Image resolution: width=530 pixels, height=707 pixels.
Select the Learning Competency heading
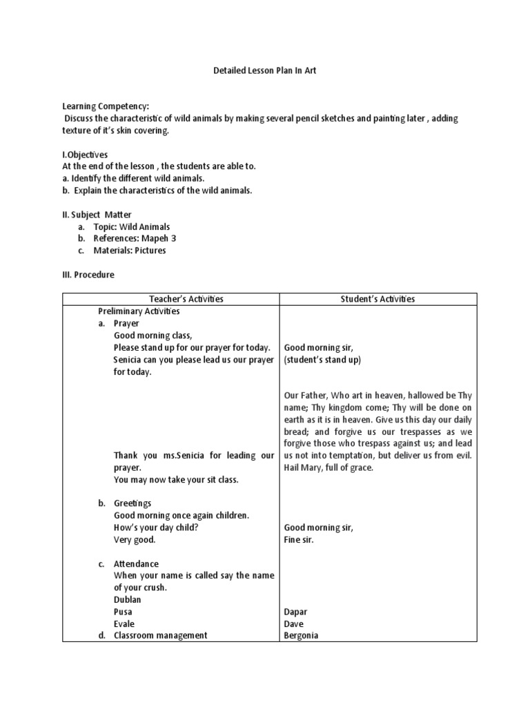106,107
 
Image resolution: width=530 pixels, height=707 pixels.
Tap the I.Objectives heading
85,155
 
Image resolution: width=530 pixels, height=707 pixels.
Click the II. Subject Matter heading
97,215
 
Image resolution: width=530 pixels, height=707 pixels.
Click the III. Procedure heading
88,274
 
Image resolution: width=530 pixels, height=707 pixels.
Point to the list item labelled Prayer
126,323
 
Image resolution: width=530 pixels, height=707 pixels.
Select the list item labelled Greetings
132,503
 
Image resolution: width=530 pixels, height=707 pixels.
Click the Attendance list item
136,564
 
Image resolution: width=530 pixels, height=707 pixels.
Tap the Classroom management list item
160,635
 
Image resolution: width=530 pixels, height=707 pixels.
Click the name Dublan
128,599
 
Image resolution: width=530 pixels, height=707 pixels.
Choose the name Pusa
123,612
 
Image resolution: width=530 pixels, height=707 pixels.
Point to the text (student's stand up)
322,360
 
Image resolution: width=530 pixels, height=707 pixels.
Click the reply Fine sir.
299,539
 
